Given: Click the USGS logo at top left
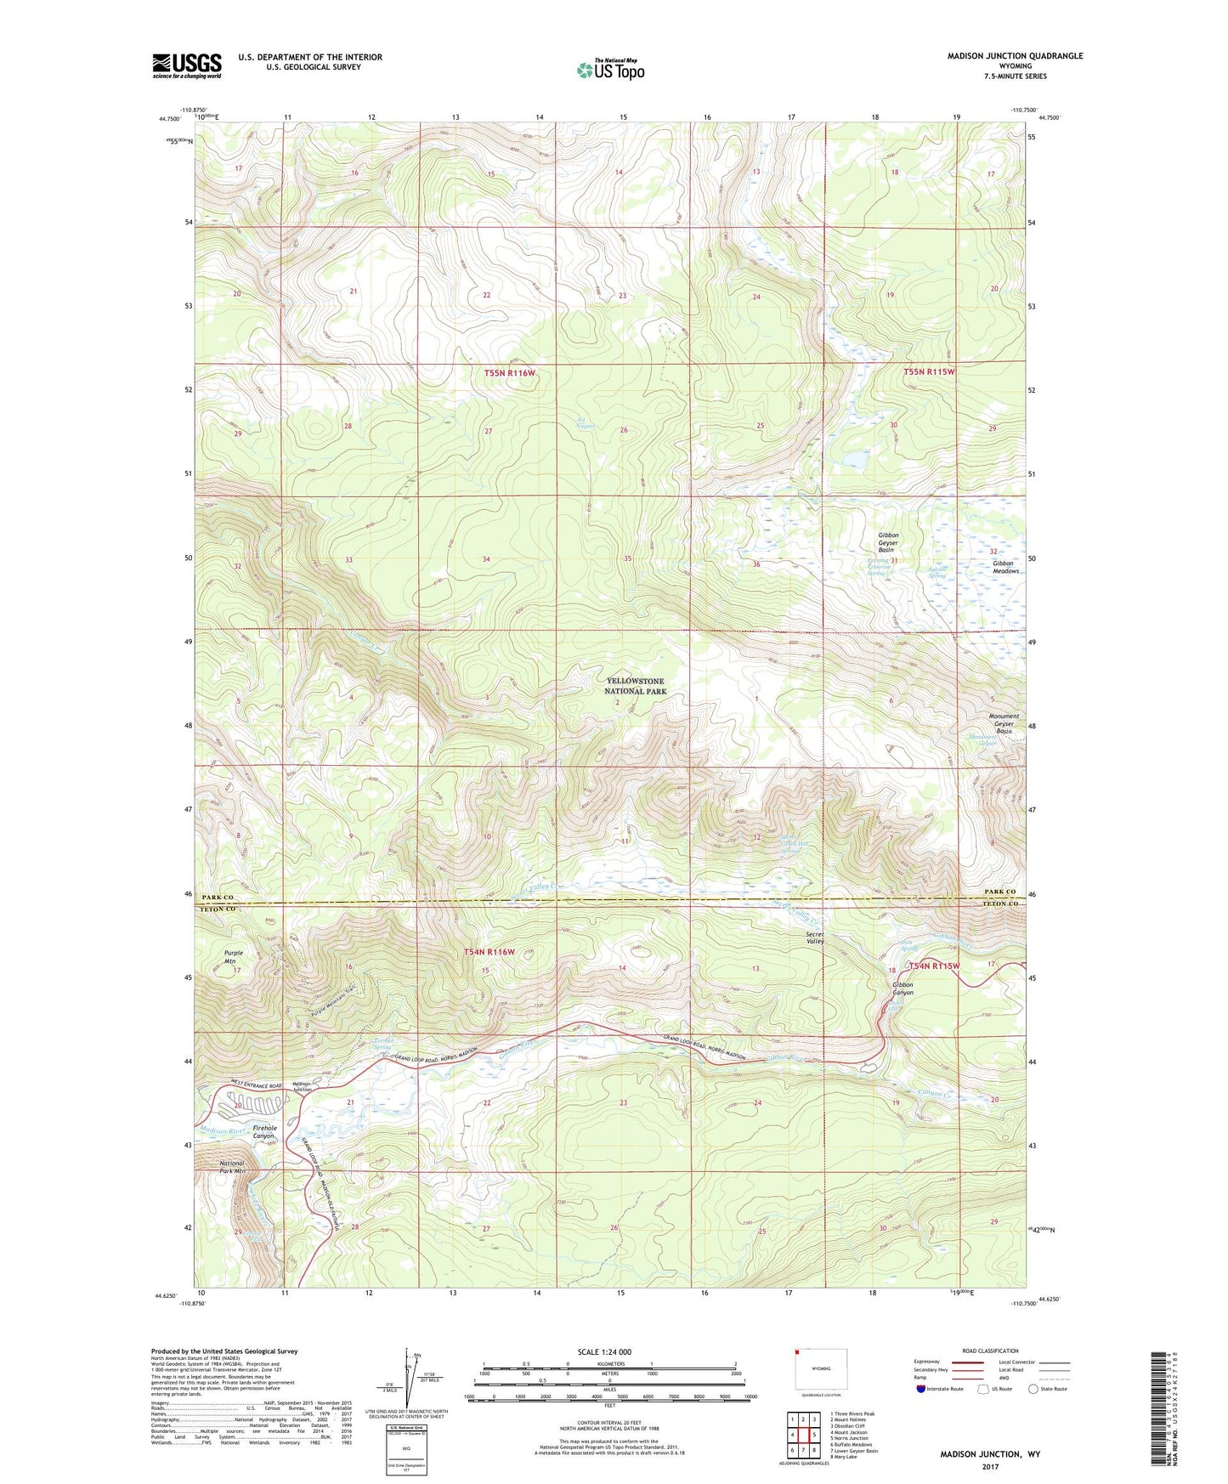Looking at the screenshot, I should coord(186,65).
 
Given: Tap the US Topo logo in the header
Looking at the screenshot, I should coord(611,70).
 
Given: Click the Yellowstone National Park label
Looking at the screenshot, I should coord(635,686).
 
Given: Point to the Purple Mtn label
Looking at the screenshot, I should coord(233,957).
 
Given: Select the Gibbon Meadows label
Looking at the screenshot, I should coord(1005,567).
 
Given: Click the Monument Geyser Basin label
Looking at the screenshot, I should coord(1004,723).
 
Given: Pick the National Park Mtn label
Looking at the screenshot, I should coord(231,1167).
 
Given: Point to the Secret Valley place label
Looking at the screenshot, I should coord(815,937).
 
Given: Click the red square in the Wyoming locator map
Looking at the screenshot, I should coord(799,1352).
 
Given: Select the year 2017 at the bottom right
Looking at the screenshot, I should coord(990,1467).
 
